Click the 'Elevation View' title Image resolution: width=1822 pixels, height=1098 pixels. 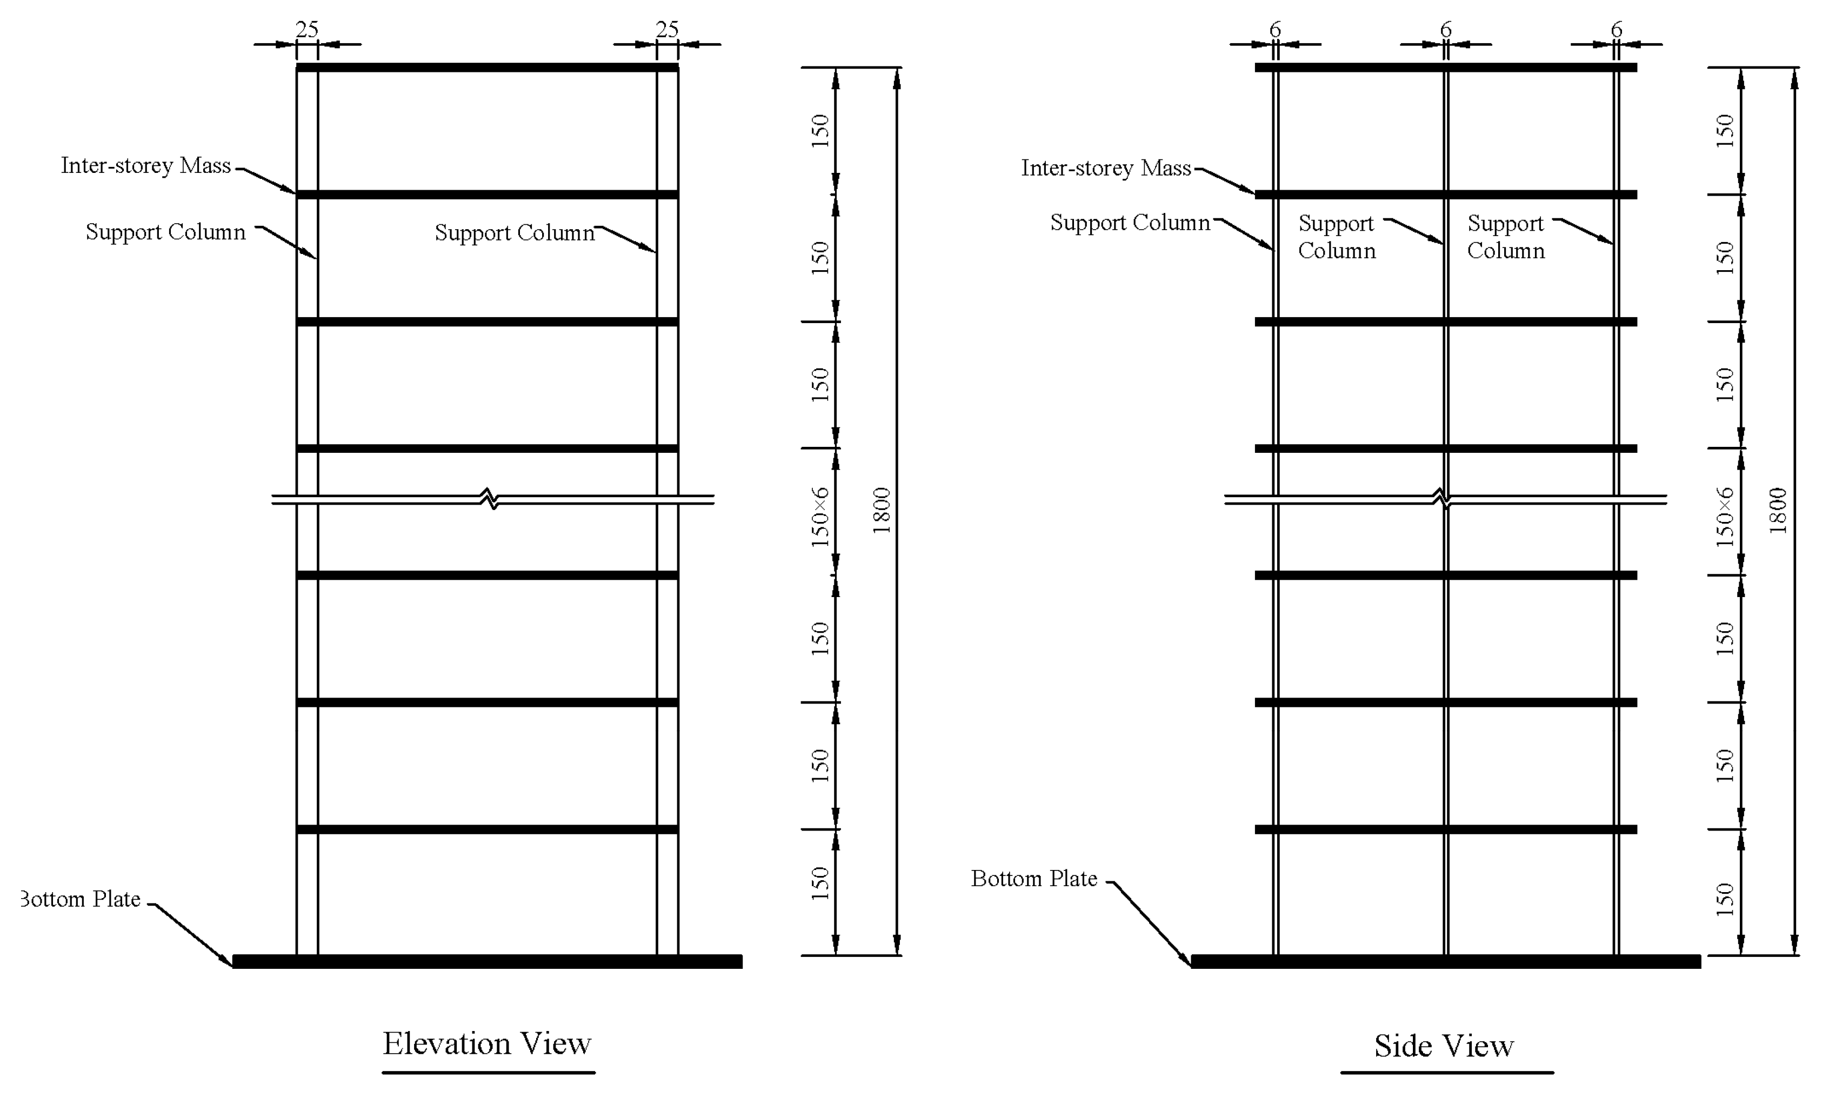(x=486, y=1043)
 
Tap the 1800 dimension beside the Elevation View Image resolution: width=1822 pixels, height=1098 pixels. (x=882, y=510)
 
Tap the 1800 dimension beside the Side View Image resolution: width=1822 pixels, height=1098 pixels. (x=1778, y=510)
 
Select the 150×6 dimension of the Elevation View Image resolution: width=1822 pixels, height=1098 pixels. (x=820, y=517)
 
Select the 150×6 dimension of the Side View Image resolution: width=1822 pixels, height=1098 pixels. (x=1724, y=517)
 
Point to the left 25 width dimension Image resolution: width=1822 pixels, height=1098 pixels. (x=307, y=30)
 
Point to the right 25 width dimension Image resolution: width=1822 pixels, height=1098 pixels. (x=667, y=30)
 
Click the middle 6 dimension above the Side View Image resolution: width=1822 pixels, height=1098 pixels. (x=1446, y=30)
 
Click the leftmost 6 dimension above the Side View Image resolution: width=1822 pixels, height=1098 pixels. (x=1275, y=30)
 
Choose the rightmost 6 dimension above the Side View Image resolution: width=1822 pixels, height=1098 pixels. (x=1617, y=30)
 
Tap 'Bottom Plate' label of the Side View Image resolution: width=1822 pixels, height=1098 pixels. (x=1034, y=879)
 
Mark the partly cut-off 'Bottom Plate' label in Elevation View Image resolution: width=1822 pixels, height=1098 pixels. (x=81, y=899)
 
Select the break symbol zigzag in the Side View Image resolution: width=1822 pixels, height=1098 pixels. (x=1442, y=499)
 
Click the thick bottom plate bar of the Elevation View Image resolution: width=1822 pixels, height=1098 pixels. (x=488, y=961)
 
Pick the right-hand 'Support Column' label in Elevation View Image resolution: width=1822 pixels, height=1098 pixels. (x=514, y=233)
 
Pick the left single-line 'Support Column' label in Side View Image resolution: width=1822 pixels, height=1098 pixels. (x=1129, y=223)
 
